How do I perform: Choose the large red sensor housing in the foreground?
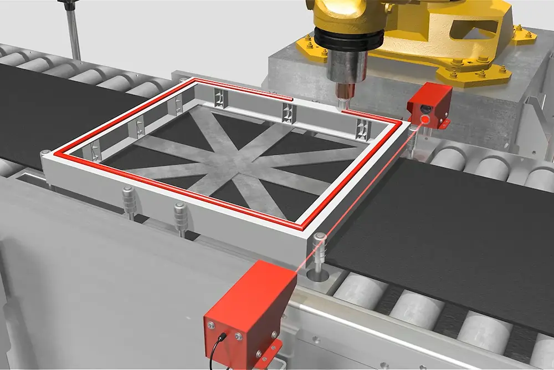249,311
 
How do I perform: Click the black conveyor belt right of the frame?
443,222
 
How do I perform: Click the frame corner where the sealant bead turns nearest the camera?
304,228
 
